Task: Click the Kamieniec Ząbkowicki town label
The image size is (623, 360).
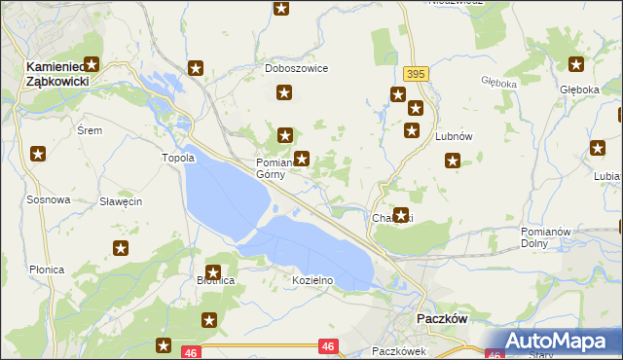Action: [x=56, y=74]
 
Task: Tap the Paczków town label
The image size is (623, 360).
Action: [x=443, y=318]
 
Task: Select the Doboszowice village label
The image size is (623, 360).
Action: [x=296, y=69]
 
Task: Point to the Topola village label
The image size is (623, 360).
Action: [x=178, y=158]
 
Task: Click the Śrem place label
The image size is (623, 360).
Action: [x=89, y=129]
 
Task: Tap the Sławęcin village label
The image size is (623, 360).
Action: [x=122, y=201]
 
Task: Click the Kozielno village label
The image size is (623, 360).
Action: [x=313, y=280]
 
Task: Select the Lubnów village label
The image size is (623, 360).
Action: [x=454, y=137]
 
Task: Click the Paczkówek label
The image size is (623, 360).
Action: [x=399, y=350]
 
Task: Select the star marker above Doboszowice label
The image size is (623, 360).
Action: [x=281, y=9]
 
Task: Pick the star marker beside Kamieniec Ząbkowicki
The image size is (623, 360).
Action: [x=93, y=61]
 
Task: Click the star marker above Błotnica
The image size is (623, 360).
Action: [x=213, y=272]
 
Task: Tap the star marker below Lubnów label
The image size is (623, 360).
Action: [x=452, y=162]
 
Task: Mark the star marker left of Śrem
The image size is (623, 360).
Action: [x=38, y=153]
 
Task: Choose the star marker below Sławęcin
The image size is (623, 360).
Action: [x=121, y=248]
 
